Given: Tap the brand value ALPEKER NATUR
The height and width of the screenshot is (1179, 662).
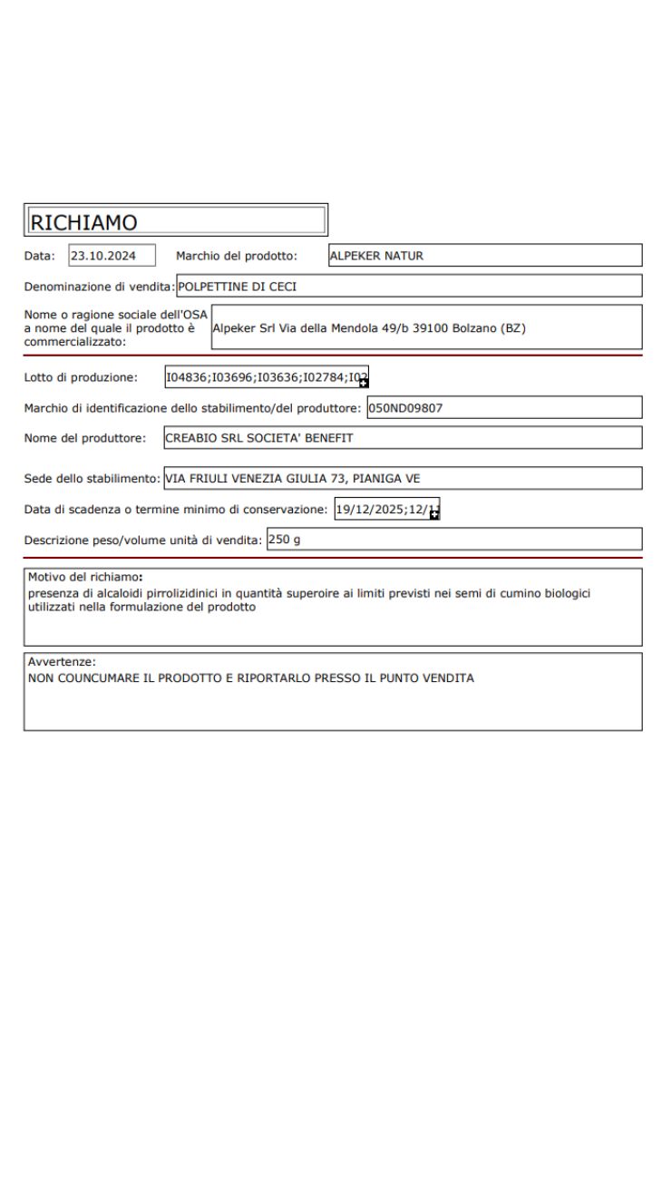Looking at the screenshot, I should [379, 256].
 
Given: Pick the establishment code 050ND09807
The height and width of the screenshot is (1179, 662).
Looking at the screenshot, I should [405, 408].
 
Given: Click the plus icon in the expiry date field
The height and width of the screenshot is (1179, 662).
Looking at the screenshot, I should [435, 514].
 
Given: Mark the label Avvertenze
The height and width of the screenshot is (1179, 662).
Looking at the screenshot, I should [62, 662].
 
